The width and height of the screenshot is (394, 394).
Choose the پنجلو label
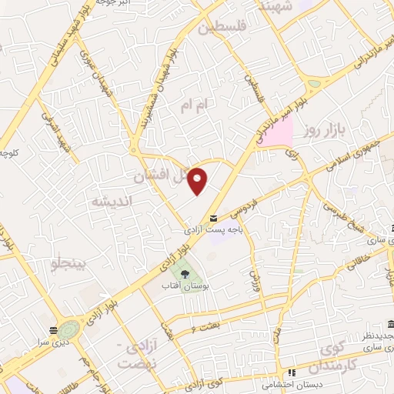[x=69, y=266]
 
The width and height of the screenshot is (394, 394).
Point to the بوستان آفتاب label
[x=185, y=285]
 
